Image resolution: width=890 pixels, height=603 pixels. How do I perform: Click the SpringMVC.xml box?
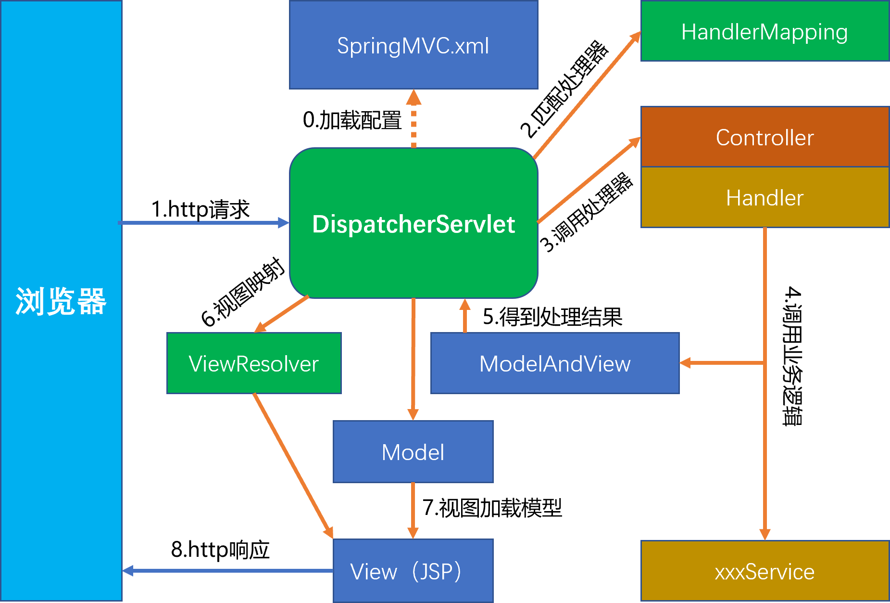click(x=413, y=45)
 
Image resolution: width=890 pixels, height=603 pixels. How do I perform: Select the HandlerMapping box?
click(x=765, y=32)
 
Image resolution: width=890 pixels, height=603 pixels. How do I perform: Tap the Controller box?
click(x=765, y=137)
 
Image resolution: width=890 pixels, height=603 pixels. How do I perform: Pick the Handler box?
click(x=765, y=197)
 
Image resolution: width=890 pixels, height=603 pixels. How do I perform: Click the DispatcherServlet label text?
click(x=414, y=224)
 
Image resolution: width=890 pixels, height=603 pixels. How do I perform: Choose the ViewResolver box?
click(x=254, y=363)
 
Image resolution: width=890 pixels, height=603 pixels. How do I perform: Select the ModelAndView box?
click(x=555, y=363)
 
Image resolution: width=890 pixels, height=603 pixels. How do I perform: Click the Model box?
click(x=413, y=452)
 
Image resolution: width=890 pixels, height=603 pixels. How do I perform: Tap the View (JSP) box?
click(x=413, y=571)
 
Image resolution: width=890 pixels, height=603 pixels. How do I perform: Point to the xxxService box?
click(x=765, y=571)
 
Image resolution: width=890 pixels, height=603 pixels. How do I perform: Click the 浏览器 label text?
click(x=61, y=302)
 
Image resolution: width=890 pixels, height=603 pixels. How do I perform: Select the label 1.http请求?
click(x=201, y=209)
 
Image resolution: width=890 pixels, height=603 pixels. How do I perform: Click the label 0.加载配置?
click(x=352, y=120)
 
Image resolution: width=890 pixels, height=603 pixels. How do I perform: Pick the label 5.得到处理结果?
click(x=552, y=317)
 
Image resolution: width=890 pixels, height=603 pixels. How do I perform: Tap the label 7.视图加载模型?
click(x=492, y=508)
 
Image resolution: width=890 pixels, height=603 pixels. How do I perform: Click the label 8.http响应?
click(x=220, y=550)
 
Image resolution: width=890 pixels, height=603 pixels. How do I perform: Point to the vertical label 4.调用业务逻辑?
click(x=792, y=356)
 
